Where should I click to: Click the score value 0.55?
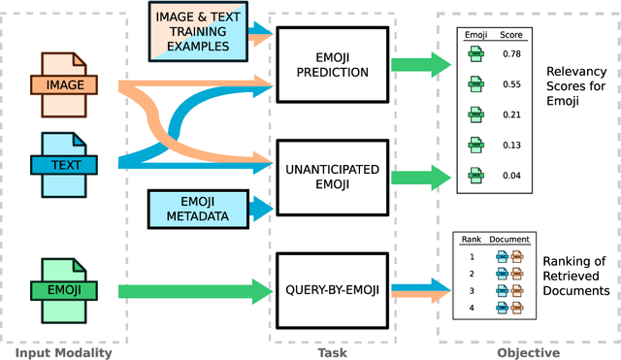[x=512, y=83]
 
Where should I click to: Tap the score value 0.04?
[x=512, y=175]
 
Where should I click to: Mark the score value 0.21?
[x=512, y=115]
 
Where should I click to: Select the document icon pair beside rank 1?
[x=508, y=256]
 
